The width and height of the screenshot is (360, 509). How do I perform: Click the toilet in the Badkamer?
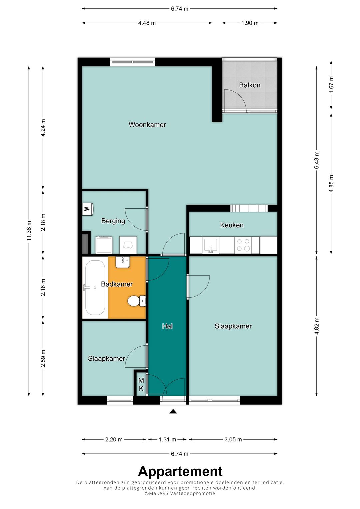pos(136,301)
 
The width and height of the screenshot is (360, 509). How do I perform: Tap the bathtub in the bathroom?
pos(95,287)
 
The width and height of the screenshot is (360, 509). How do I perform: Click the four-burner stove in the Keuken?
pos(243,245)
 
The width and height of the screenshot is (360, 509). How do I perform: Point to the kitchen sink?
pos(211,245)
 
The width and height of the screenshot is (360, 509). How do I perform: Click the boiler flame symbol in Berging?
pos(88,209)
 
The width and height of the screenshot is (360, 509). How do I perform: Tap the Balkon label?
pos(250,85)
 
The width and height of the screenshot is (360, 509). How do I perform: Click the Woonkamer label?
pos(147,125)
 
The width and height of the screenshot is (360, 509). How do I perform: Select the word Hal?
pos(167,326)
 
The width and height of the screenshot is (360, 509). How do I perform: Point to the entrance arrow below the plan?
pos(173,411)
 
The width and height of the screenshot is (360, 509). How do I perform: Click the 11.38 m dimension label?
pos(29,231)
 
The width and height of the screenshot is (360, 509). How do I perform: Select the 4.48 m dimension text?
pos(147,23)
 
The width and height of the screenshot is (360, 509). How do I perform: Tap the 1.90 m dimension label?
pos(250,23)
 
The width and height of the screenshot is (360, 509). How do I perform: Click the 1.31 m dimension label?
pos(167,439)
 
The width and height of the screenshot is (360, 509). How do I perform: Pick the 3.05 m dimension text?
pos(233,439)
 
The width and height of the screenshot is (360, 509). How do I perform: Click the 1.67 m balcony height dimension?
pos(331,84)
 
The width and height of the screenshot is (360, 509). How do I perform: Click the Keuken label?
pos(232,225)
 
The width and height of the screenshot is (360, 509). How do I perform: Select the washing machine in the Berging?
pos(104,245)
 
